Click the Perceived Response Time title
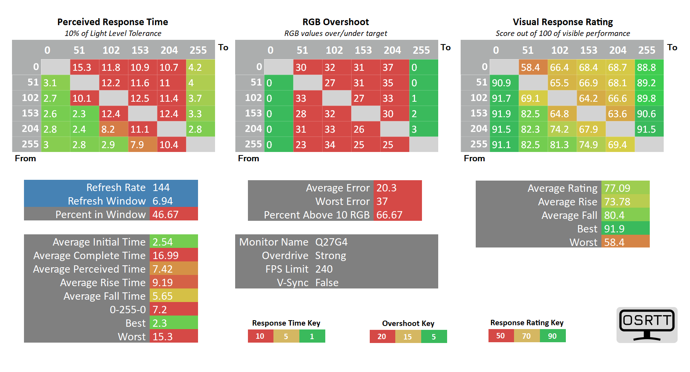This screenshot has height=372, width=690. click(113, 22)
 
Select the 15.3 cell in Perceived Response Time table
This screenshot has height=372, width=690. click(85, 67)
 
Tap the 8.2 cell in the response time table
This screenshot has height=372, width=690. click(114, 129)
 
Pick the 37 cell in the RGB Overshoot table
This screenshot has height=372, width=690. click(395, 67)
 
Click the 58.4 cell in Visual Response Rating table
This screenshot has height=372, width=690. click(533, 67)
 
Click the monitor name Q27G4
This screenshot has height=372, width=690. click(331, 242)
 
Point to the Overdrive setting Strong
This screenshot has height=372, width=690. click(331, 256)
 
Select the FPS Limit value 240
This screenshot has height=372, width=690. click(324, 269)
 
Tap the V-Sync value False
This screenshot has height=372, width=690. click(327, 283)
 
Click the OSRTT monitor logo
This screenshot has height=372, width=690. click(647, 325)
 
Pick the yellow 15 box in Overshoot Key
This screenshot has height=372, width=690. click(408, 336)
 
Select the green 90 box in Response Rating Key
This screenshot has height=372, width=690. click(553, 336)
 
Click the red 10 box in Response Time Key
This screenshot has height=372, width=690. click(261, 336)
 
